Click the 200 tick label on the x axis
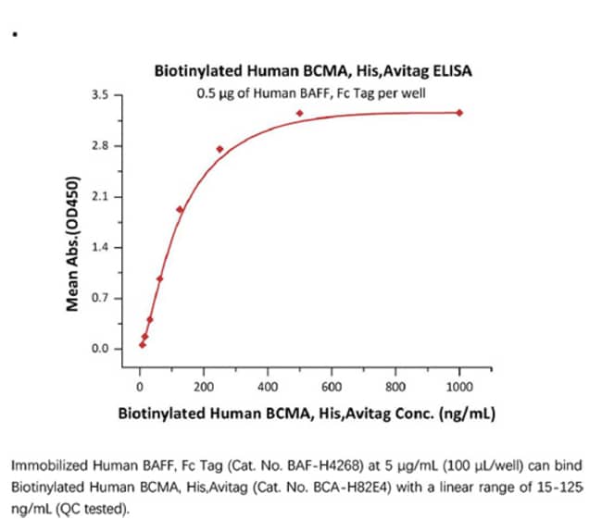pyautogui.click(x=204, y=387)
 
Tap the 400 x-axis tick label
pyautogui.click(x=268, y=387)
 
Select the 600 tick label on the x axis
pyautogui.click(x=332, y=387)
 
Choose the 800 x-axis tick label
pyautogui.click(x=395, y=387)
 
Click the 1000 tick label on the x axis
pyautogui.click(x=459, y=387)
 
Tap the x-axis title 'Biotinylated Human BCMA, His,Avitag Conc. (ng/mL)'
pyautogui.click(x=307, y=414)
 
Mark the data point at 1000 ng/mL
pyautogui.click(x=459, y=113)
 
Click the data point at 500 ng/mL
pyautogui.click(x=299, y=113)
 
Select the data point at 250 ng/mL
pyautogui.click(x=219, y=149)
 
